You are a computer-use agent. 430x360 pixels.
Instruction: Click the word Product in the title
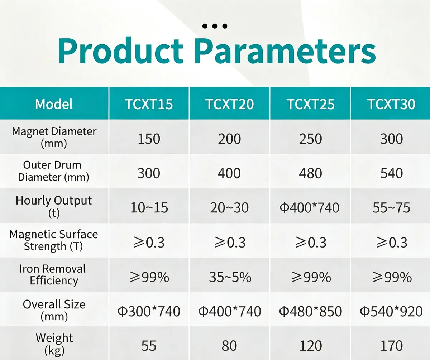point(120,51)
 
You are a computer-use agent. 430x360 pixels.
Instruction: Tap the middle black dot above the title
point(215,26)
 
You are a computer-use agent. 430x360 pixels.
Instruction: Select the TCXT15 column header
point(149,104)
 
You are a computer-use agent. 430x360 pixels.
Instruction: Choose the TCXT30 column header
point(391,104)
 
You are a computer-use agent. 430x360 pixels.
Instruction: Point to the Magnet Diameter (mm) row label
point(54,137)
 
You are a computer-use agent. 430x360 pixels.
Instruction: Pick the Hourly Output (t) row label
point(54,206)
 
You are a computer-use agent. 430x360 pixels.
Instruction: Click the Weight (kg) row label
point(54,344)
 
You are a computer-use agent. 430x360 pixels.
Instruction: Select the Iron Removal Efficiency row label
point(53,275)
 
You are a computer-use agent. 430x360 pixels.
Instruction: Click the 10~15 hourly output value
point(149,207)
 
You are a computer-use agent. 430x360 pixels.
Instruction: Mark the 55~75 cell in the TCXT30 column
point(391,207)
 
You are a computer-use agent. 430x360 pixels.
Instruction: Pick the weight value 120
point(311,346)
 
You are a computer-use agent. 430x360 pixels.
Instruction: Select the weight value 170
point(392,346)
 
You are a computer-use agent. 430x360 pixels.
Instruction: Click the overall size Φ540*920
point(391,311)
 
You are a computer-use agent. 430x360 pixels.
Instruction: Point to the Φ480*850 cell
point(311,311)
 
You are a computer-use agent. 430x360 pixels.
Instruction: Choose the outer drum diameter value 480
point(311,173)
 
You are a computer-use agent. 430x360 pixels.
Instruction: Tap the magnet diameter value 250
point(311,139)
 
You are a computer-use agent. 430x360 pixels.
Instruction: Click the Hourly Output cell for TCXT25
point(310,207)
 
